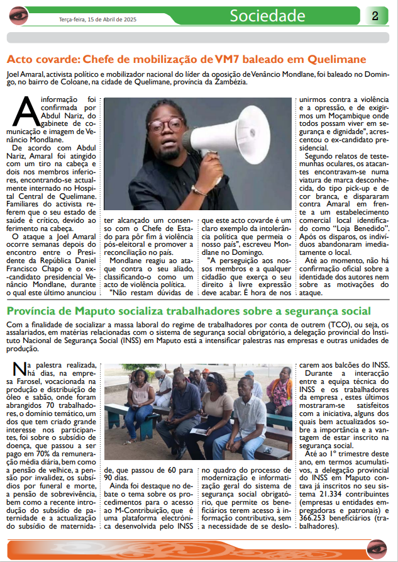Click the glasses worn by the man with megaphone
[x=165, y=123]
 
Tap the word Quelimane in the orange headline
[x=336, y=60]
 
